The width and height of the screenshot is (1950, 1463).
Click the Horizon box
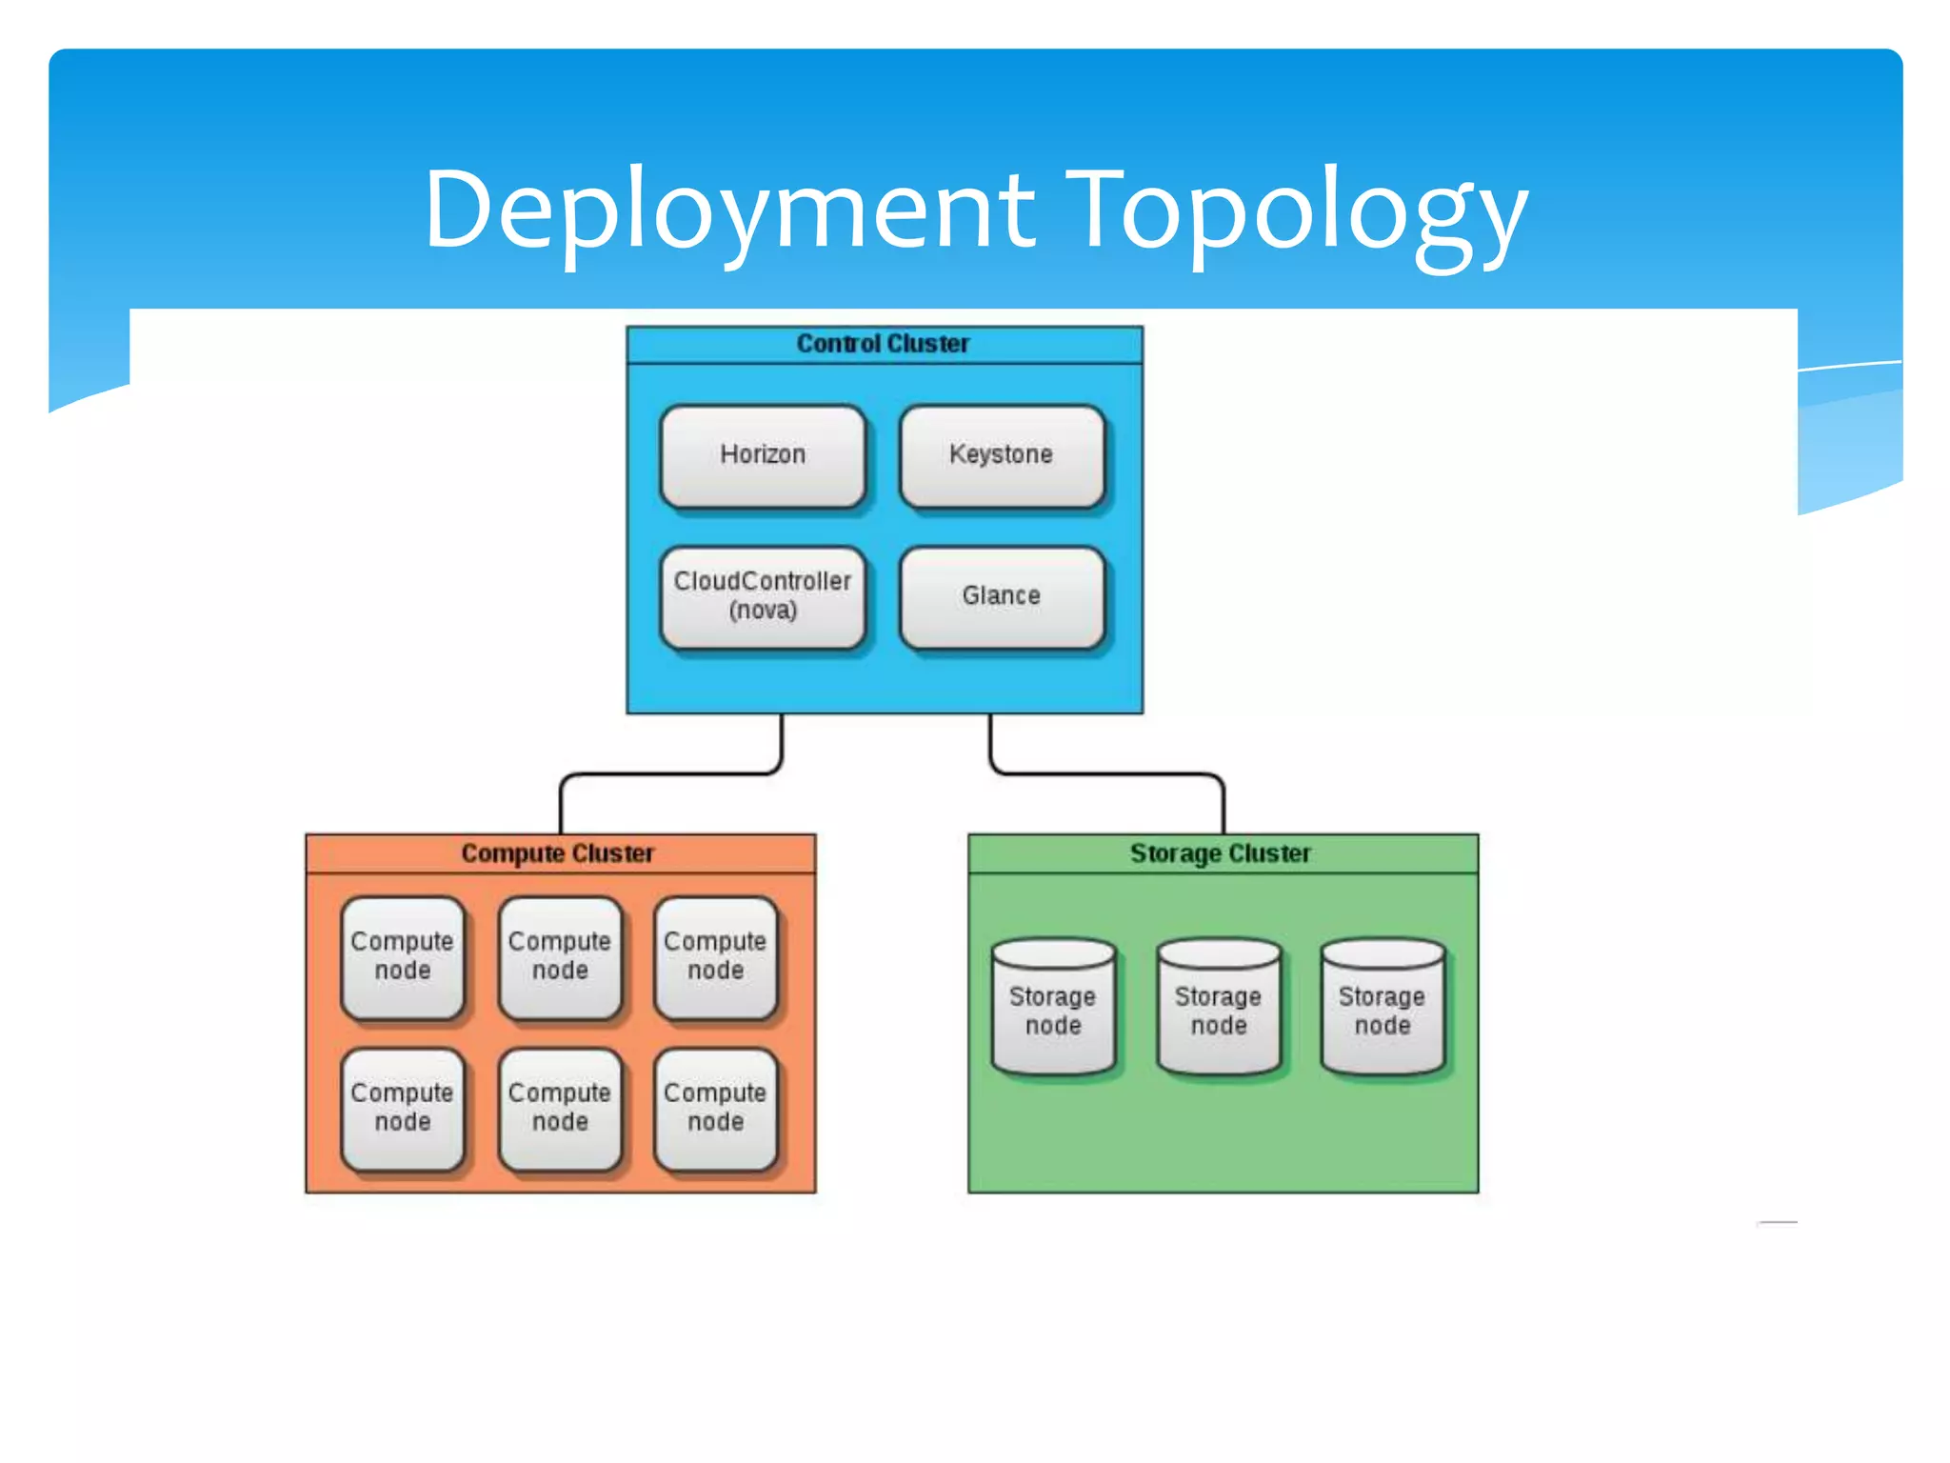click(x=763, y=455)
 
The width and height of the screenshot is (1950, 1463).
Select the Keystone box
click(x=1002, y=455)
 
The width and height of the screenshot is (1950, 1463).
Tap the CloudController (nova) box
click(x=763, y=596)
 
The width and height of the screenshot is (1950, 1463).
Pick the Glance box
click(x=1002, y=596)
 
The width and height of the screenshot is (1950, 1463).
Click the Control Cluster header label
click(x=884, y=344)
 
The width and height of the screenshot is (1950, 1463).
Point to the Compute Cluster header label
click(x=558, y=853)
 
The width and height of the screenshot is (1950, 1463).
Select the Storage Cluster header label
click(x=1221, y=853)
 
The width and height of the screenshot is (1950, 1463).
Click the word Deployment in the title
click(x=728, y=211)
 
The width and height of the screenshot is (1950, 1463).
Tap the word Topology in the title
click(x=1296, y=211)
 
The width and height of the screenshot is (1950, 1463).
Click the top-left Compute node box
click(x=403, y=956)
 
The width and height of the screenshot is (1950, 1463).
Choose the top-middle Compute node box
click(x=560, y=956)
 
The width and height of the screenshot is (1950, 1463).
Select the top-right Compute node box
click(x=715, y=956)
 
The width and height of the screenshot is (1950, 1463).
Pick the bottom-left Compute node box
click(x=403, y=1108)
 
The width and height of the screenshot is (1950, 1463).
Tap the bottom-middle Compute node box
click(x=560, y=1108)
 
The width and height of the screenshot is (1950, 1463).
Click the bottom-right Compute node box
click(x=715, y=1108)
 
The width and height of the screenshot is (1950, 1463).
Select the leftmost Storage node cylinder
click(x=1053, y=1010)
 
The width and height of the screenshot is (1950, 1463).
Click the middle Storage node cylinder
click(x=1219, y=1010)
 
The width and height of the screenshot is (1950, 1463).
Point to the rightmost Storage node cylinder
click(x=1383, y=1010)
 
